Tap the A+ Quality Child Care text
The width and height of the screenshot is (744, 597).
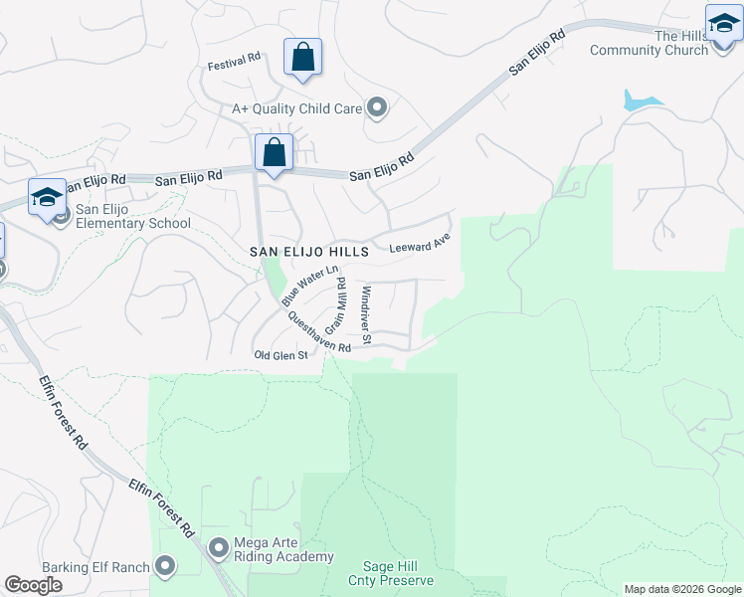click(296, 108)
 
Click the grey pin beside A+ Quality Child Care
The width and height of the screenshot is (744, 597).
click(377, 107)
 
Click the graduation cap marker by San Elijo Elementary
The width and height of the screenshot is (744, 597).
click(47, 197)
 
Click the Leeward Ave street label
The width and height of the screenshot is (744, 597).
click(420, 244)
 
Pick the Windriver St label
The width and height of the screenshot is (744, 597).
click(366, 315)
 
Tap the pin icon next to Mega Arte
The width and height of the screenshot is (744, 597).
click(218, 548)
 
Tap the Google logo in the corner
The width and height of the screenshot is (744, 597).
click(34, 585)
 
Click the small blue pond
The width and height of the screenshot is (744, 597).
click(639, 100)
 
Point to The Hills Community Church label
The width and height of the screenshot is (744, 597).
click(649, 43)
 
